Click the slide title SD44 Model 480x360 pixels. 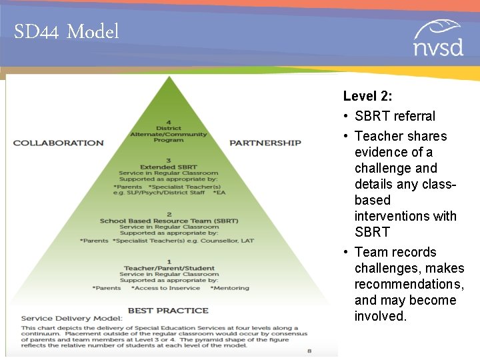66,31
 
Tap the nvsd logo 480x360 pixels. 437,39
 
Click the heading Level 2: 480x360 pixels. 367,96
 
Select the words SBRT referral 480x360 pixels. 395,116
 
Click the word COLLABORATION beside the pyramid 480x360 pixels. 59,143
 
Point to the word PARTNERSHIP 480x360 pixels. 265,143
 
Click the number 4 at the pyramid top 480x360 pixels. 169,122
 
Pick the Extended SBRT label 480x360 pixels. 169,167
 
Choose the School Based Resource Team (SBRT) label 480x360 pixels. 169,221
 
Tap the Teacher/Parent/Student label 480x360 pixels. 169,268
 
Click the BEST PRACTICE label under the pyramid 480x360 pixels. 169,311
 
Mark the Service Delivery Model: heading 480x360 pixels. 71,318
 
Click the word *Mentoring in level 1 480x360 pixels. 229,288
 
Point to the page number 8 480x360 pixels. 309,350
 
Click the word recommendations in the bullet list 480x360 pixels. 409,284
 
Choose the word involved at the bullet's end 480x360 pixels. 380,316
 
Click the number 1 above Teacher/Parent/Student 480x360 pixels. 169,261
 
